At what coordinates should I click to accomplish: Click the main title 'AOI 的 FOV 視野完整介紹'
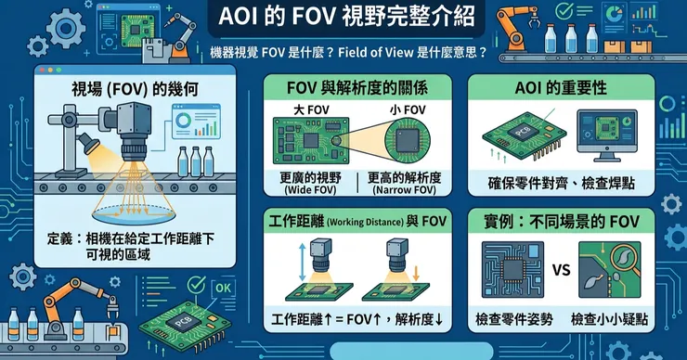click(346, 17)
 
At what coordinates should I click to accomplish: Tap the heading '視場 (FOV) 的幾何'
click(135, 89)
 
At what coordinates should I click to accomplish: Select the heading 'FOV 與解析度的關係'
click(357, 87)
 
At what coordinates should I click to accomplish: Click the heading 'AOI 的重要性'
click(561, 87)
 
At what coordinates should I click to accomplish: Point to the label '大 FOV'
click(311, 109)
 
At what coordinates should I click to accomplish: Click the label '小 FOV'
click(408, 109)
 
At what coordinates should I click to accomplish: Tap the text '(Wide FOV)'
click(311, 190)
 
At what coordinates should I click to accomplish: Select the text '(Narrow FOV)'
click(404, 190)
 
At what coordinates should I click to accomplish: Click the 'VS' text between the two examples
click(562, 270)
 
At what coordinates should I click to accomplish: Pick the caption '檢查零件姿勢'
click(514, 319)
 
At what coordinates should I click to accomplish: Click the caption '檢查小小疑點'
click(609, 319)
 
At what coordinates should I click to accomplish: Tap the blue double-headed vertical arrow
click(302, 263)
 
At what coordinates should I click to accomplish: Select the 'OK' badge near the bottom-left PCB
click(223, 288)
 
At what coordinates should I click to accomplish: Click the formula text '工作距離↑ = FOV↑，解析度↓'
click(357, 319)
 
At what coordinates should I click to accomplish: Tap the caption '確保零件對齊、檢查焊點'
click(562, 183)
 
